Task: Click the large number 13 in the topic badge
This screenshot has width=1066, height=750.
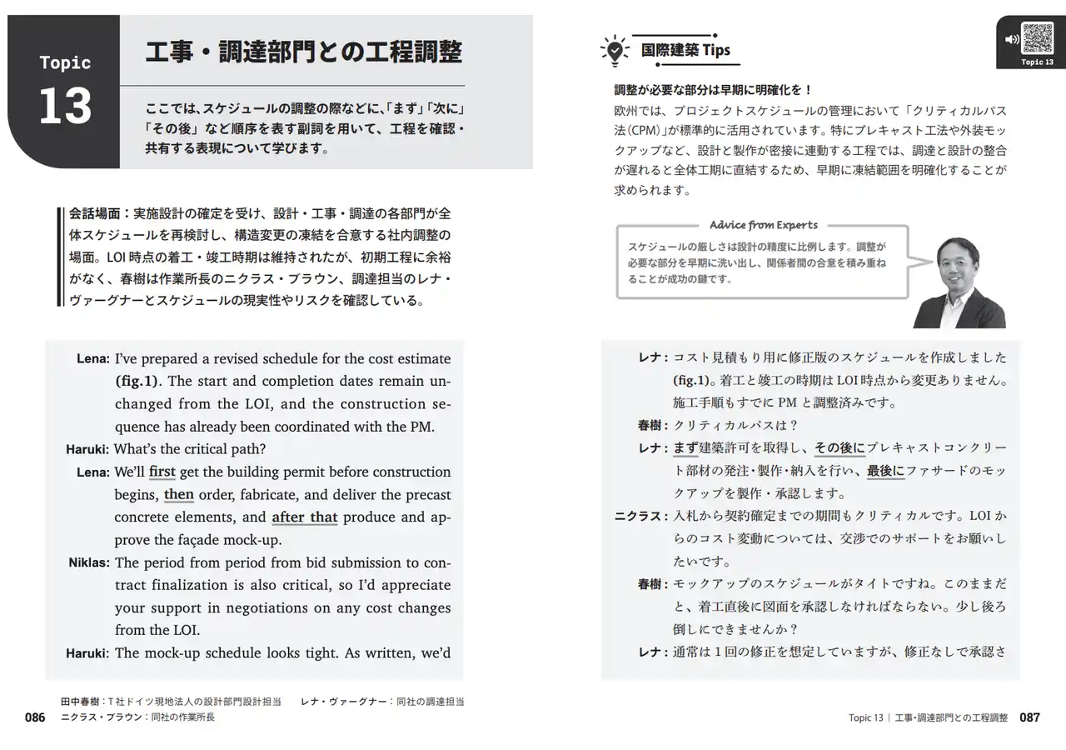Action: [65, 106]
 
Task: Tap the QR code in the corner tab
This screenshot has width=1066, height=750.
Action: [1038, 38]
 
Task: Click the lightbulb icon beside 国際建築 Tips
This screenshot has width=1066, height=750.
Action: [613, 50]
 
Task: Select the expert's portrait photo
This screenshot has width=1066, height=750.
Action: [959, 282]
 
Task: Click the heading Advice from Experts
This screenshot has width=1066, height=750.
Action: [763, 225]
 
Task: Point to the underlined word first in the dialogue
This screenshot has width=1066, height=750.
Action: [162, 472]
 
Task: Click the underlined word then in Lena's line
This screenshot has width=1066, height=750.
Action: [178, 494]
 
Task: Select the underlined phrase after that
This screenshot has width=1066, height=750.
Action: [304, 517]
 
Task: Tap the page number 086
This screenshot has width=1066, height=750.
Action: [34, 717]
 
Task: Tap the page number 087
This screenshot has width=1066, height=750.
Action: [1029, 717]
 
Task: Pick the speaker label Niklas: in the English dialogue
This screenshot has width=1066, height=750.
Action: [88, 562]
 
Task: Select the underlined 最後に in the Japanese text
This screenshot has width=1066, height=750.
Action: [884, 471]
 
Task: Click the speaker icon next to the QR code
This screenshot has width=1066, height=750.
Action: [1012, 39]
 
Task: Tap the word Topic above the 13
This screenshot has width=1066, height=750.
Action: [65, 63]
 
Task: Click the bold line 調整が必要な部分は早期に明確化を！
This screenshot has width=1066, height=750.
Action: [712, 89]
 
